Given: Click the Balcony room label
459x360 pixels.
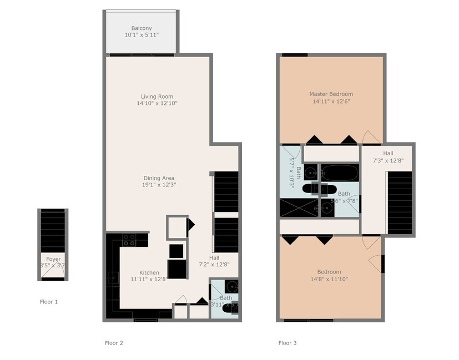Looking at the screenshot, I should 142,28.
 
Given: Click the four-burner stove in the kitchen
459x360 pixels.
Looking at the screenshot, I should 129,240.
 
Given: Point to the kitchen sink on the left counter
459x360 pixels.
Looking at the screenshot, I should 111,277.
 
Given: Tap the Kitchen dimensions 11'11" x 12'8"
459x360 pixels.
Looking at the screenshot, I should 149,280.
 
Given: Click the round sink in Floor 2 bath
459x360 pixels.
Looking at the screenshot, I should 231,287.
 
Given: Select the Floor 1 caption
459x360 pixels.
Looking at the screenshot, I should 48,302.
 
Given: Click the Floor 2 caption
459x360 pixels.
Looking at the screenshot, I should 114,343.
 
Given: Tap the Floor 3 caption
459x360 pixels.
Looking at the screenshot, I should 287,343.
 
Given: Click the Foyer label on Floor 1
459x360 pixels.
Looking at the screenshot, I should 53,259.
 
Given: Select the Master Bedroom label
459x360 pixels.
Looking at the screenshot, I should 331,94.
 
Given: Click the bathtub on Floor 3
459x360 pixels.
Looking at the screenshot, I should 340,173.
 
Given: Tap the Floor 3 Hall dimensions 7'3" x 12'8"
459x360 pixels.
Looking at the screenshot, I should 388,160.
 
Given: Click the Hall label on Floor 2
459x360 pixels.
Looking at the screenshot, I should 214,257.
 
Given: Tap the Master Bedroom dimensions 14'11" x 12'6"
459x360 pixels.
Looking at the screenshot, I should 331,102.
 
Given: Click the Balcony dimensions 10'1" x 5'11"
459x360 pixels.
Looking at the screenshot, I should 142,35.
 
